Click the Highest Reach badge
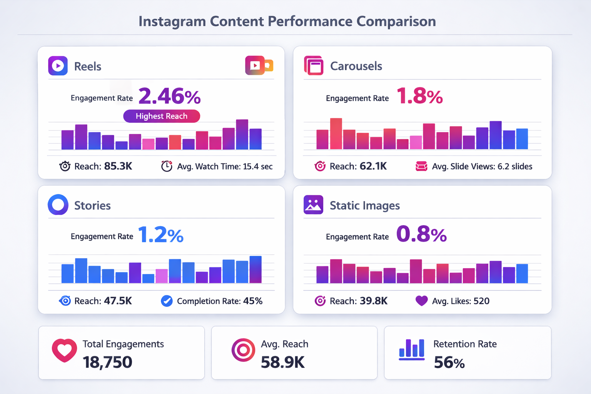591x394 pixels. pyautogui.click(x=162, y=116)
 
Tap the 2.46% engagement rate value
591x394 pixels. pyautogui.click(x=169, y=96)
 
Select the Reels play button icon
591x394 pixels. pyautogui.click(x=58, y=66)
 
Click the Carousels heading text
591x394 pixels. pyautogui.click(x=356, y=66)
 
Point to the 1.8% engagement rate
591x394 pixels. pyautogui.click(x=419, y=96)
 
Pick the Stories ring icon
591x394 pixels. pyautogui.click(x=58, y=204)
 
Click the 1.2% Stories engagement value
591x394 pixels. pyautogui.click(x=160, y=235)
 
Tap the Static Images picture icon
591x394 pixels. pyautogui.click(x=313, y=205)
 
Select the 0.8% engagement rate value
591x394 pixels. pyautogui.click(x=421, y=234)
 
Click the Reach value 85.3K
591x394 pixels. pyautogui.click(x=118, y=166)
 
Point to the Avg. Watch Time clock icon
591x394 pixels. pyautogui.click(x=167, y=166)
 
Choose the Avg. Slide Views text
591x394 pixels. pyautogui.click(x=482, y=167)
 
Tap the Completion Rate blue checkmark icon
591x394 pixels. pyautogui.click(x=167, y=301)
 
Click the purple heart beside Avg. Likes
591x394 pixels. pyautogui.click(x=422, y=301)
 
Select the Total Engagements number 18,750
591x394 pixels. pyautogui.click(x=107, y=362)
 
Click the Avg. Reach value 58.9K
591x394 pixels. pyautogui.click(x=282, y=362)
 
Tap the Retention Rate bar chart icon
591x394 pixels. pyautogui.click(x=412, y=349)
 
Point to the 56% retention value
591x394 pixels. pyautogui.click(x=449, y=362)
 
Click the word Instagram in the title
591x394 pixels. pyautogui.click(x=172, y=22)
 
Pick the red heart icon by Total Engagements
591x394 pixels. pyautogui.click(x=64, y=350)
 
